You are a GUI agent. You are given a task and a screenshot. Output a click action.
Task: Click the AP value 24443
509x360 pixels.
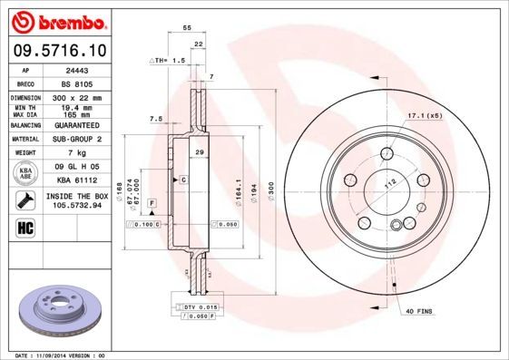[88, 69]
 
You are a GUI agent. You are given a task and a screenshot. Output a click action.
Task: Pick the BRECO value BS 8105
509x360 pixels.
[88, 82]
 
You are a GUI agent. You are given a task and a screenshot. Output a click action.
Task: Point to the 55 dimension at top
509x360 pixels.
[187, 29]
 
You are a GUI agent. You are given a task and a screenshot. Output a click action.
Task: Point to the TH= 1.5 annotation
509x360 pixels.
[167, 59]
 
